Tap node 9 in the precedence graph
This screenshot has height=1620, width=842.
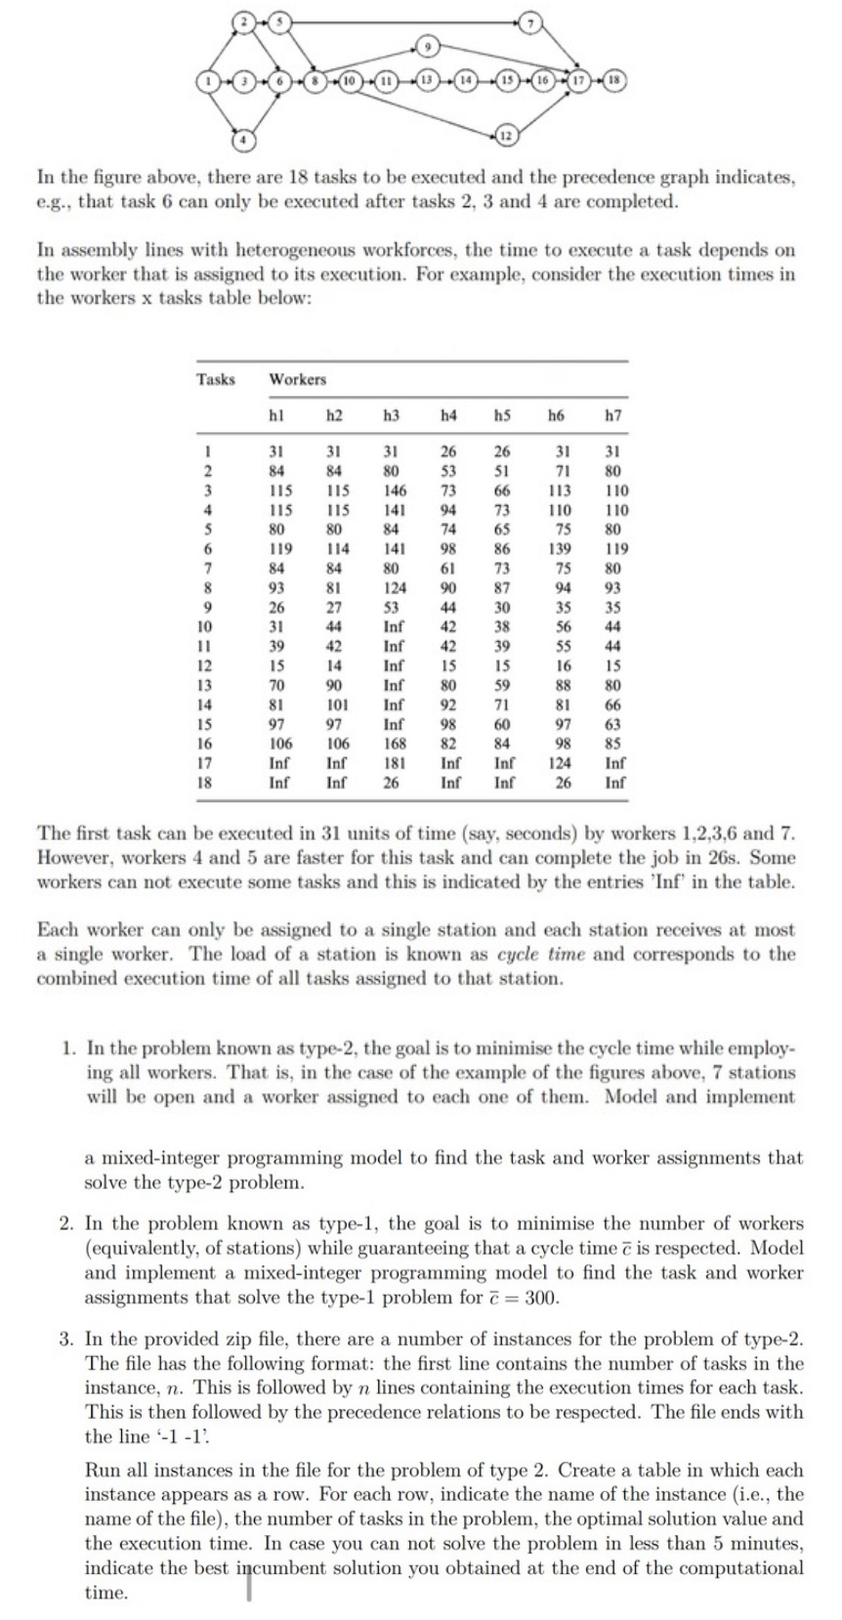click(427, 45)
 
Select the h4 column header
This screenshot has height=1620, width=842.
click(447, 415)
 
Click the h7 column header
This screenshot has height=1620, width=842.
click(614, 415)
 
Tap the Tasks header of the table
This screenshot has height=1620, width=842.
click(216, 379)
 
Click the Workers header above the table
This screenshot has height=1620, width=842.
click(298, 379)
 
